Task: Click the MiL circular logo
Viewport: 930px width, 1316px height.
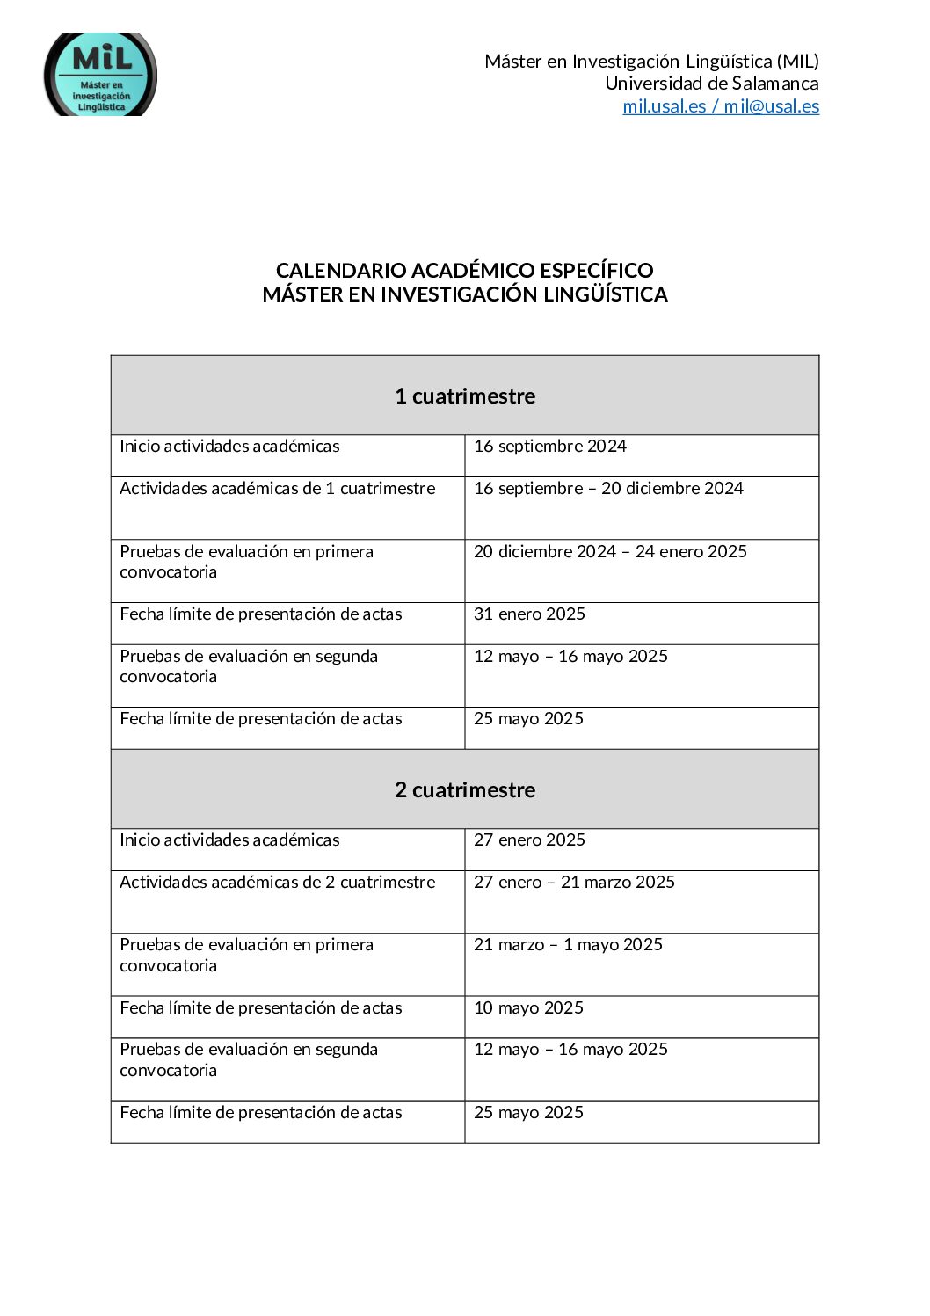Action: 100,76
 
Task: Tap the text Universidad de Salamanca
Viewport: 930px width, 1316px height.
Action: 711,84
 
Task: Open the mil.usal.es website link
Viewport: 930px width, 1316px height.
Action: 664,106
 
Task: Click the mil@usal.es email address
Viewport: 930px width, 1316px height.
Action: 771,106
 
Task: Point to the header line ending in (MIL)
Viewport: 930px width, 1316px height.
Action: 651,62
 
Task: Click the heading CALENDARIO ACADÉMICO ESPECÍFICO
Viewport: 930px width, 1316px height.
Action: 464,271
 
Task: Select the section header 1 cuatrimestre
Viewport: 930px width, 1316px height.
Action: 464,396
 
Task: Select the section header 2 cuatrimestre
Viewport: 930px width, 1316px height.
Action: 464,790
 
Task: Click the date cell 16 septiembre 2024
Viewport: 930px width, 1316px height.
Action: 549,447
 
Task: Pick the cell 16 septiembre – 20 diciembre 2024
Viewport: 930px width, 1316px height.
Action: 608,489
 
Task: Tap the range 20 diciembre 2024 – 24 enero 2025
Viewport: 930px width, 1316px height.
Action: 610,552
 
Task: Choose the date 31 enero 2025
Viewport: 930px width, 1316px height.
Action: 529,614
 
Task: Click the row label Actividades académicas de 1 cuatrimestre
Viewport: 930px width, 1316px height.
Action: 277,489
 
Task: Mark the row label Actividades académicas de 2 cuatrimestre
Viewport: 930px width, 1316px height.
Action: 277,883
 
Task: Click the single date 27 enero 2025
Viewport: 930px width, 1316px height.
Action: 529,840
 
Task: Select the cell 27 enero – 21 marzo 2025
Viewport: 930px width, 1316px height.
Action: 574,883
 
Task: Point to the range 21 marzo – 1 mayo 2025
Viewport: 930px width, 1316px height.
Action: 568,945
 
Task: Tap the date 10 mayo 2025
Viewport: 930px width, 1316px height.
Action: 528,1008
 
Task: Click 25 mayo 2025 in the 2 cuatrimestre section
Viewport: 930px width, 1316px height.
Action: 528,1113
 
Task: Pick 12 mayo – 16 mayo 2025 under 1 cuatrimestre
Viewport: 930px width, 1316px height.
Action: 570,657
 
